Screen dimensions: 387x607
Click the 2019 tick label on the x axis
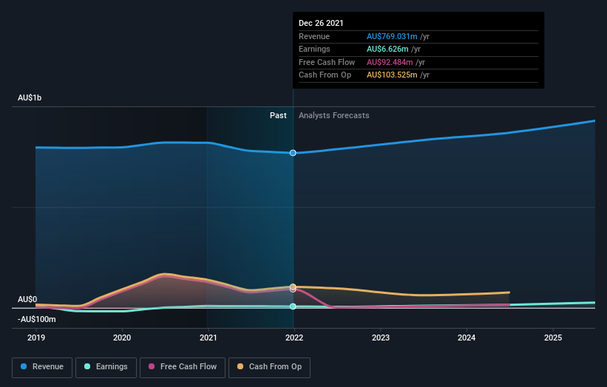pos(35,338)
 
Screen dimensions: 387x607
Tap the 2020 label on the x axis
pos(122,338)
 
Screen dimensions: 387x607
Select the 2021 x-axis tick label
pos(208,338)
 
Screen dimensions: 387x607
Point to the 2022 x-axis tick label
pos(294,338)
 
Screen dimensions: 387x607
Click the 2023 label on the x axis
pos(380,338)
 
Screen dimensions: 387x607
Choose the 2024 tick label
pos(467,338)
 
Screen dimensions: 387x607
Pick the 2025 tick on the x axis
pos(552,338)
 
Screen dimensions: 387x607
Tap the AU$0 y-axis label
pos(27,299)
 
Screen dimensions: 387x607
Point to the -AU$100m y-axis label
pos(38,319)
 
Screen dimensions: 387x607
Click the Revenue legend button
pos(42,366)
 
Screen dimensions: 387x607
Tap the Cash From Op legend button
pos(269,366)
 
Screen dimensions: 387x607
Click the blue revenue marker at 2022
pos(294,153)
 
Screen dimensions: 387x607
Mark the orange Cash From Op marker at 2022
pos(294,287)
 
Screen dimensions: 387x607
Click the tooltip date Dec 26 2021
pos(321,24)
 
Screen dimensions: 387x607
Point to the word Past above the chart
pos(278,115)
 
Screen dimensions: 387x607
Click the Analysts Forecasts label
pos(333,115)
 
